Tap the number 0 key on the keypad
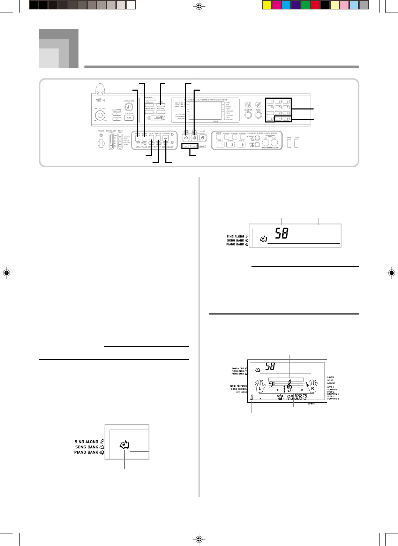point(270,119)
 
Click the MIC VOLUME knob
point(100,115)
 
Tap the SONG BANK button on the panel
point(186,138)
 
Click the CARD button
point(202,138)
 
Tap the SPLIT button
point(289,144)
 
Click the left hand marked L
point(260,387)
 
